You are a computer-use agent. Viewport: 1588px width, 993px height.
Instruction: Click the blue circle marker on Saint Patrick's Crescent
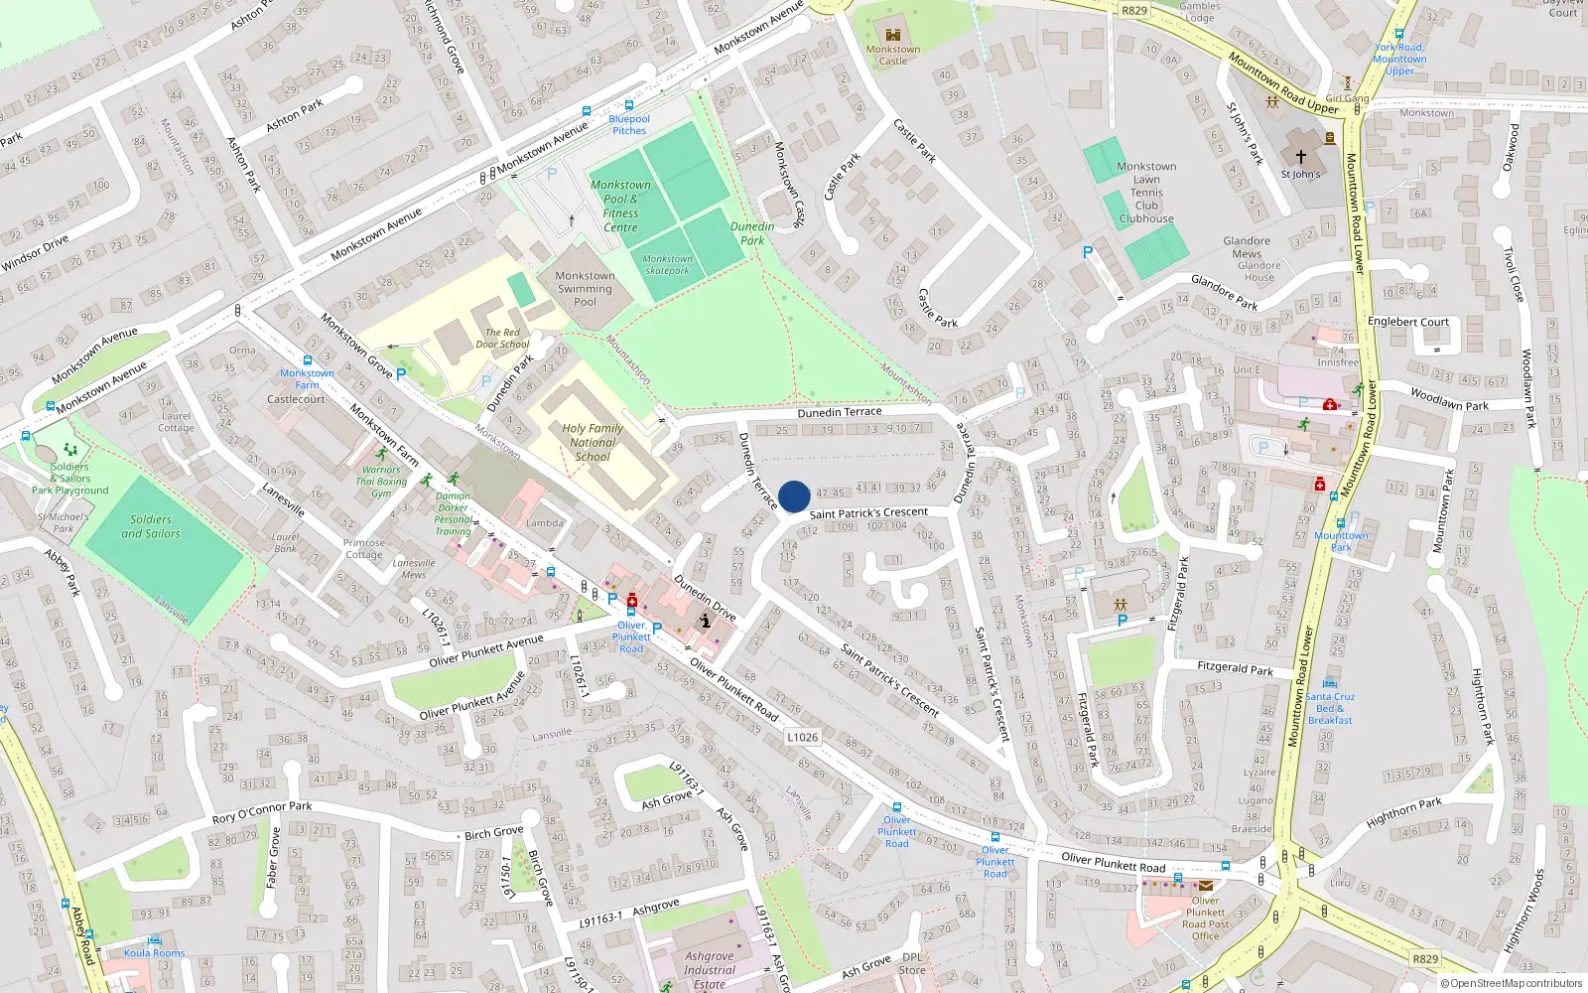pos(794,496)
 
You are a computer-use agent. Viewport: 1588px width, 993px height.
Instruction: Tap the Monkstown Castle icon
pos(892,35)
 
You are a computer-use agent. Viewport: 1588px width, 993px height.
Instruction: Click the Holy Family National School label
pos(593,443)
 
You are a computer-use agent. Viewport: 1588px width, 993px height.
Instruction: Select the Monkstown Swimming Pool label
pos(585,289)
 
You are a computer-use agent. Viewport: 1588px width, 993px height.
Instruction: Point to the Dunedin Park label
pos(752,233)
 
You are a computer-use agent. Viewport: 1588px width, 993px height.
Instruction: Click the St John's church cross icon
pos(1300,157)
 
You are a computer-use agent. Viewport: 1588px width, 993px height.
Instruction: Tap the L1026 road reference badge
pos(802,737)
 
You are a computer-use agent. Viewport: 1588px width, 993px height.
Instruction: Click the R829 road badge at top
pos(1133,11)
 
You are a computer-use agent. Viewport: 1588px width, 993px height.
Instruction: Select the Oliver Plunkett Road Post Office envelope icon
pos(1205,886)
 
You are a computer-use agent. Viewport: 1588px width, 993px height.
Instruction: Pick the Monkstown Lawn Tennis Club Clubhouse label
pos(1146,193)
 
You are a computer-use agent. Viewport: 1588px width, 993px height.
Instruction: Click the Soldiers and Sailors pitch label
pos(151,526)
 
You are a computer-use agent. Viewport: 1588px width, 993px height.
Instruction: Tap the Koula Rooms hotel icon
pos(154,940)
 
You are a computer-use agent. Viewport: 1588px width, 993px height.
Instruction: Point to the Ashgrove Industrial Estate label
pos(710,970)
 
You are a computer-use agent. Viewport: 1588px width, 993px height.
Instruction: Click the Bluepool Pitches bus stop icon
pos(628,105)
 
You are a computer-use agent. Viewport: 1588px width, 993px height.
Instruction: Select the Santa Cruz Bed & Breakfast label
pos(1330,708)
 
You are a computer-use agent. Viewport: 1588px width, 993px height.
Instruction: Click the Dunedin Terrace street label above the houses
pos(840,412)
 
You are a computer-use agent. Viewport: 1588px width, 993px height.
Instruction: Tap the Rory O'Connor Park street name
pos(262,812)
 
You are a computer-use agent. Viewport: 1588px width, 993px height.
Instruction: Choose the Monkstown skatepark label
pos(667,264)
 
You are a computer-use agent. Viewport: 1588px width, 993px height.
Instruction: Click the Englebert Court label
pos(1407,322)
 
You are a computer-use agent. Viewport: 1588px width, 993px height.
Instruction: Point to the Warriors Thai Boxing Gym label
pos(381,482)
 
